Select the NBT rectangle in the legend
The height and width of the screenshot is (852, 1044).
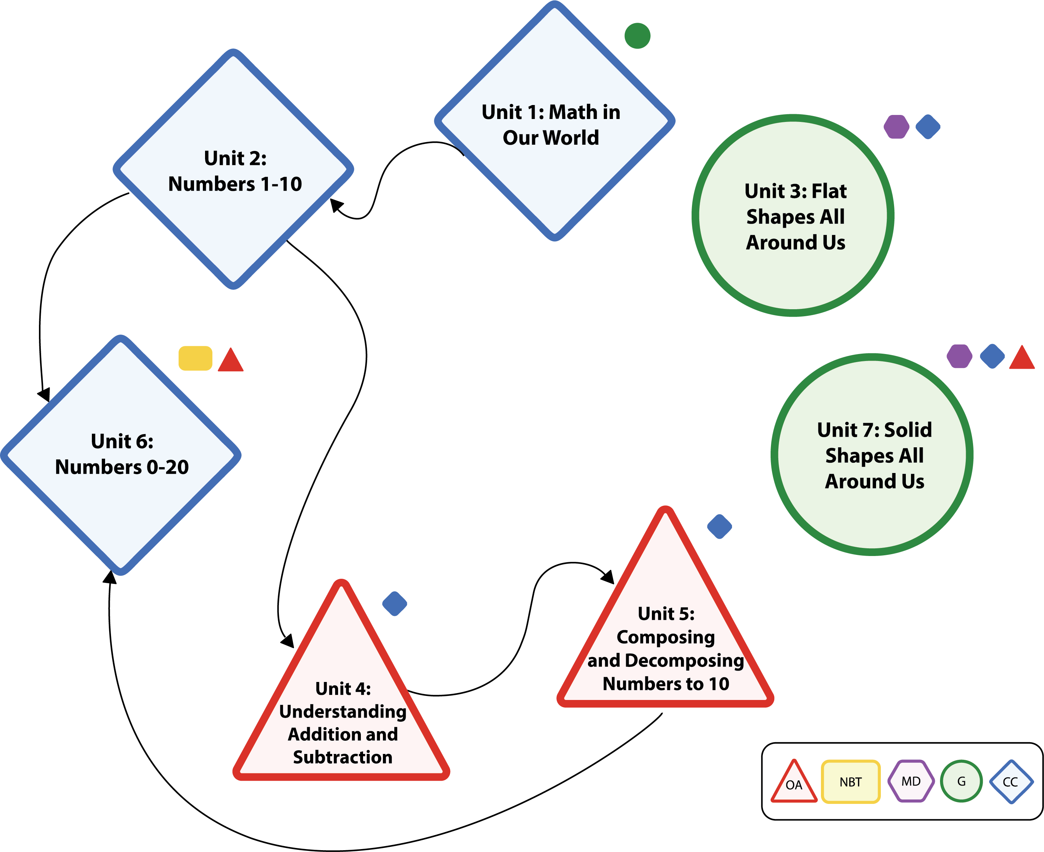(x=850, y=782)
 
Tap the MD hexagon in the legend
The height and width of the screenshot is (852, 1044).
(x=911, y=781)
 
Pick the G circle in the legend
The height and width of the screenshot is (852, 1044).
(x=961, y=781)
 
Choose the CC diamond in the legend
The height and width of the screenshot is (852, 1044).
(x=1011, y=782)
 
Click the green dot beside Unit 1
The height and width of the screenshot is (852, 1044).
(x=638, y=36)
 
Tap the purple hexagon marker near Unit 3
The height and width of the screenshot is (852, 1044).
(x=896, y=127)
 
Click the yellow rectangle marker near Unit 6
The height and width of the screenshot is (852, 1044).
(x=195, y=358)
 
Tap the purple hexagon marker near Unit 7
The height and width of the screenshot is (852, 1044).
(x=959, y=356)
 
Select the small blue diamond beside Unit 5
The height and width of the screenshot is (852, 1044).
(x=720, y=527)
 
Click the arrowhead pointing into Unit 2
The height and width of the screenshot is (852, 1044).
(x=336, y=205)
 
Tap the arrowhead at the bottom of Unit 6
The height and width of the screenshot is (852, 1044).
(x=110, y=577)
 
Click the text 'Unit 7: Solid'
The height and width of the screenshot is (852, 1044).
(x=874, y=430)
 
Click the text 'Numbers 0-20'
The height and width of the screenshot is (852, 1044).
(x=122, y=467)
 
